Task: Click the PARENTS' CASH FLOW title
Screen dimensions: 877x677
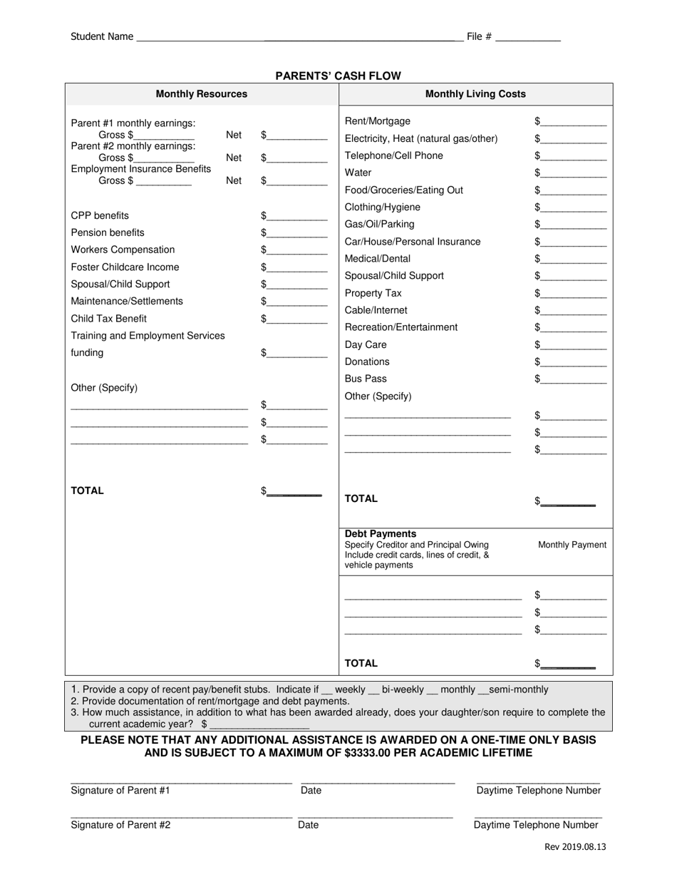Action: pos(338,76)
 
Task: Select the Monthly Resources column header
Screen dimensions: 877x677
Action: pos(202,94)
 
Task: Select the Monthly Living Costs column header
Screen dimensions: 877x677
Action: pos(475,94)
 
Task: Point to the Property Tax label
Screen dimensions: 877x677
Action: pos(373,293)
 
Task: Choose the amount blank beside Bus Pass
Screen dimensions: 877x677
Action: pos(574,380)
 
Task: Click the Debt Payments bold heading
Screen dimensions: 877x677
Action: pos(381,534)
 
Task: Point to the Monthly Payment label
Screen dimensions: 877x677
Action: pos(572,545)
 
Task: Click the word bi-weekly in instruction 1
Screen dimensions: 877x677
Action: pos(403,689)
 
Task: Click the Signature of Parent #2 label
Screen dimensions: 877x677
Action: pos(120,825)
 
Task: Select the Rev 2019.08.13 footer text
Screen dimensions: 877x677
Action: pos(575,847)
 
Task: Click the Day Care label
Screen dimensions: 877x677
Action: pos(366,344)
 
